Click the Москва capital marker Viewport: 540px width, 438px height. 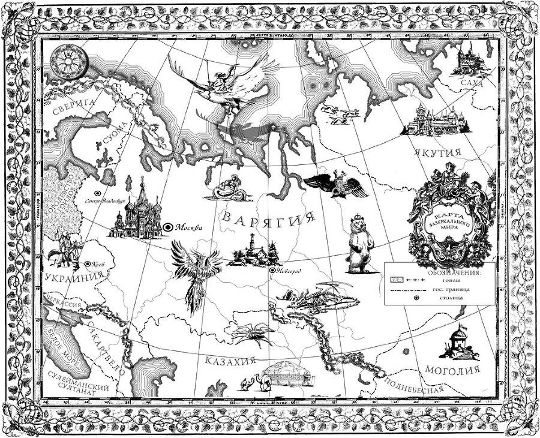(x=169, y=227)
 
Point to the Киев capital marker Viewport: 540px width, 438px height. (x=86, y=263)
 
